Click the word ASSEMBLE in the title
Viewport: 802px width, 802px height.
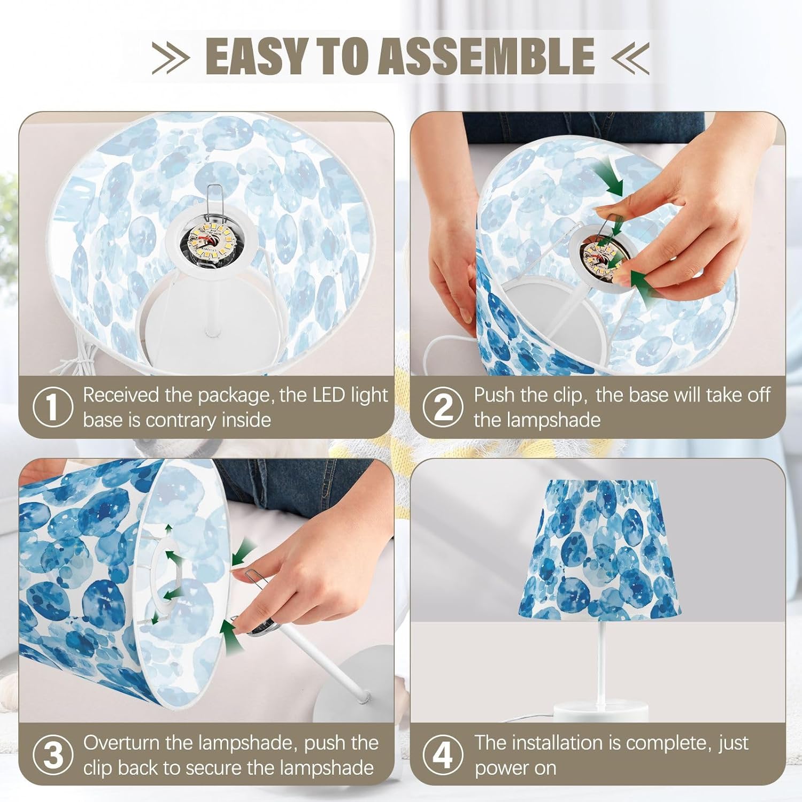pyautogui.click(x=487, y=56)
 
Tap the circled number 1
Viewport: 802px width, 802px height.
pyautogui.click(x=52, y=407)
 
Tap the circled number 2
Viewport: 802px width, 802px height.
pyautogui.click(x=443, y=407)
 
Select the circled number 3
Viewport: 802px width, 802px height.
pyautogui.click(x=52, y=755)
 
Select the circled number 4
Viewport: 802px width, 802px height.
pyautogui.click(x=443, y=755)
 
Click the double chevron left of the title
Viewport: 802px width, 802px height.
pyautogui.click(x=171, y=56)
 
